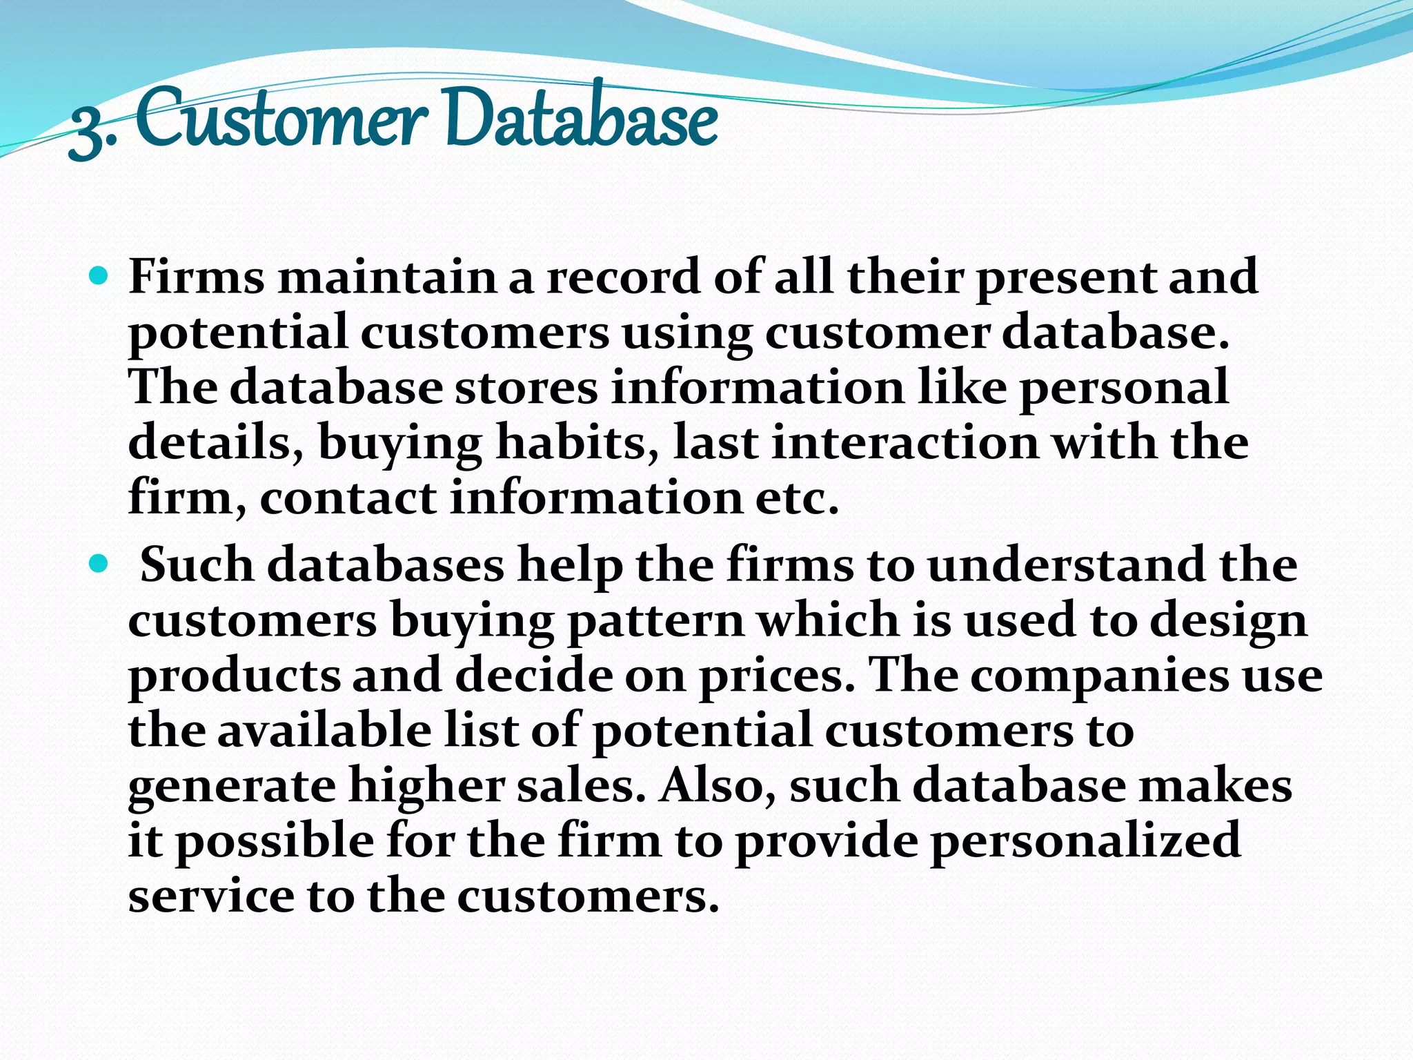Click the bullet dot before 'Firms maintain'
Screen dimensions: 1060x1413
[x=100, y=277]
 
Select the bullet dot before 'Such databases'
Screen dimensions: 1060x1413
[x=100, y=565]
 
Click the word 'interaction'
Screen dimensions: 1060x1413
[x=905, y=443]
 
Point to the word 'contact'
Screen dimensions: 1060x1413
[x=348, y=498]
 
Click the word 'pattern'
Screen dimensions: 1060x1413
[x=655, y=620]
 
